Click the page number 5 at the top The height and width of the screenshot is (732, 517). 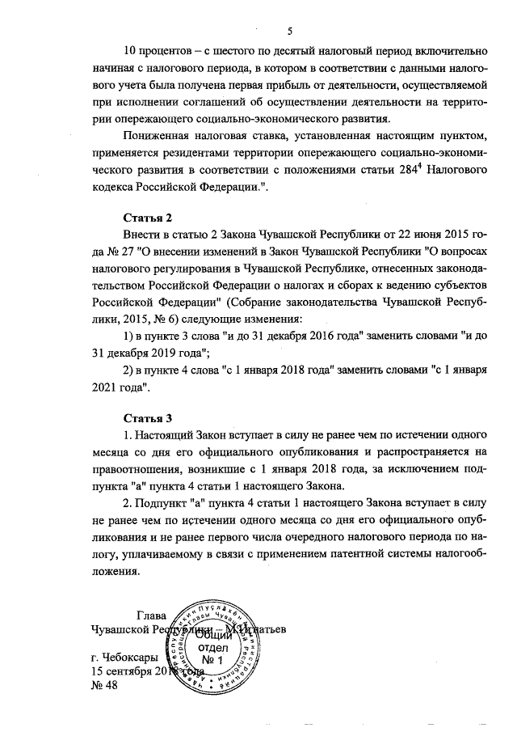[x=288, y=31]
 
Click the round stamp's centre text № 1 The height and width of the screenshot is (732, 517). [x=231, y=663]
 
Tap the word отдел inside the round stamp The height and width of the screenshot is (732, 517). [x=230, y=649]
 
